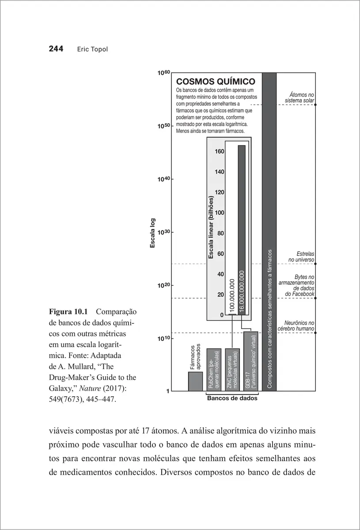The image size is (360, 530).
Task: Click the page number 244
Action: tap(57, 49)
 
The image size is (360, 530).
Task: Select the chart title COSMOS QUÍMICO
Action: tap(216, 82)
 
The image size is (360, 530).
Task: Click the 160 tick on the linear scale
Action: tap(220, 151)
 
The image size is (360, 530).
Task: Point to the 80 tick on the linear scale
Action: tap(221, 233)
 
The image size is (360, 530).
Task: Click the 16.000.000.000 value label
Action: tap(242, 292)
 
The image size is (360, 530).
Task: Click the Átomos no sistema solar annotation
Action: tap(299, 98)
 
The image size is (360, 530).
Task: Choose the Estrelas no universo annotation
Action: tap(302, 257)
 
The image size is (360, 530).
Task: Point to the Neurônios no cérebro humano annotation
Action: tap(296, 326)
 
